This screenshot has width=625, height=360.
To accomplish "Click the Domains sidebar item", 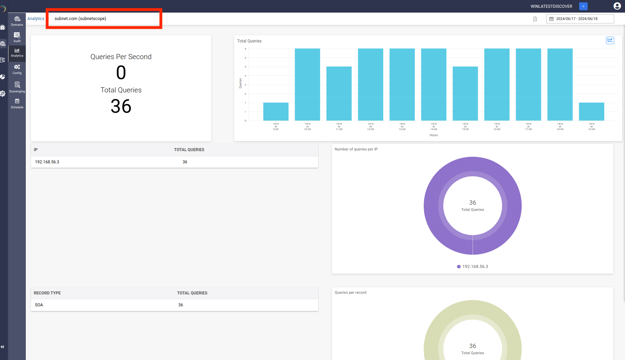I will [17, 21].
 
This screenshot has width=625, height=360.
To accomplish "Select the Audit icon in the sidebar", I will [17, 37].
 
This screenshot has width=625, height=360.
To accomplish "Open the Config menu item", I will [17, 69].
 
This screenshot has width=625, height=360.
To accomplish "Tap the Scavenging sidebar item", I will [17, 87].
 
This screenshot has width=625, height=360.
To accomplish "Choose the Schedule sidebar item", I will [17, 103].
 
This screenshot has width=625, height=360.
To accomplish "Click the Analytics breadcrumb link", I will [36, 19].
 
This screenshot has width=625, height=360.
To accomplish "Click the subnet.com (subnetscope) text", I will [80, 19].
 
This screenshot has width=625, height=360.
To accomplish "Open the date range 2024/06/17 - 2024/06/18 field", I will [580, 19].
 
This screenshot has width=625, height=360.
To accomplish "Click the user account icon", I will [617, 6].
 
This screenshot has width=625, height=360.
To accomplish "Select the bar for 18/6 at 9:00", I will [276, 111].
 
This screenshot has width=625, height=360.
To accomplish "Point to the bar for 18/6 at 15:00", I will [465, 93].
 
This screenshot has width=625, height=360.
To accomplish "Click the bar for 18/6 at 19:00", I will [591, 111].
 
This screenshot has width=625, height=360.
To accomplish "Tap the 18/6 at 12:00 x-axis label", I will [370, 126].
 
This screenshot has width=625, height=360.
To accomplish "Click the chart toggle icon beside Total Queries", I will [610, 40].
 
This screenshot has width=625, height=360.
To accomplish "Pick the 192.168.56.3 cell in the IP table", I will [47, 162].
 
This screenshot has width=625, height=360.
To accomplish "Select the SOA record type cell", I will [39, 305].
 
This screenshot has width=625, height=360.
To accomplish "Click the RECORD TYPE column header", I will [47, 293].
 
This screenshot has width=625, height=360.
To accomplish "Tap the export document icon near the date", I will [535, 19].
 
